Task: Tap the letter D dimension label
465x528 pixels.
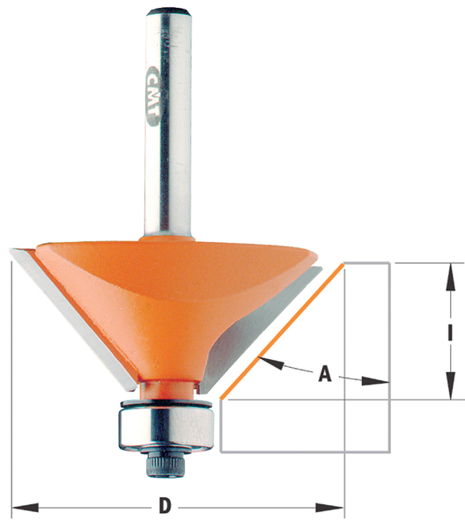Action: tap(165, 506)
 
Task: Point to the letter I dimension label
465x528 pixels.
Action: tap(451, 332)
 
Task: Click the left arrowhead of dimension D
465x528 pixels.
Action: tap(25, 508)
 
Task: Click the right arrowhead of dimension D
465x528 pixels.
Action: tap(330, 508)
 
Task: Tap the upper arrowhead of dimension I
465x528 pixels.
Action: tap(451, 277)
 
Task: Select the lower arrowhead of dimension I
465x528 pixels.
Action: tap(451, 385)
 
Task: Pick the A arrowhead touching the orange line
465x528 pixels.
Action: tap(271, 363)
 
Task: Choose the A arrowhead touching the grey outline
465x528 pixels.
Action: tap(375, 381)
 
